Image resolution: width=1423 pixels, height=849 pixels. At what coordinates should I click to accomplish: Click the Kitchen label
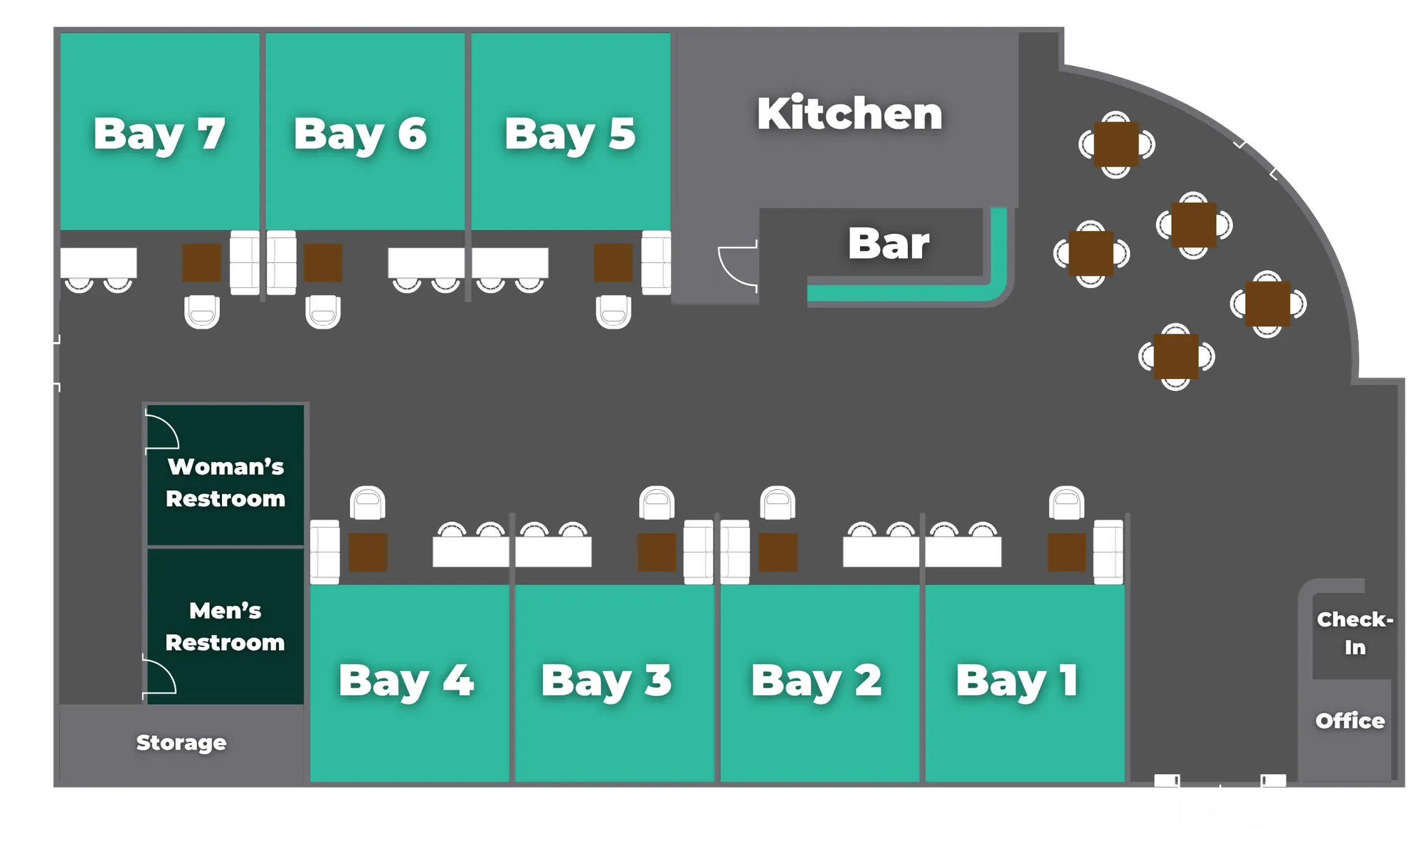click(x=850, y=113)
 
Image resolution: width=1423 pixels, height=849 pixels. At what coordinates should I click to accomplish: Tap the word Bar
click(x=889, y=243)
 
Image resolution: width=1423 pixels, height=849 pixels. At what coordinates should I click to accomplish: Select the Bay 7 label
click(x=159, y=134)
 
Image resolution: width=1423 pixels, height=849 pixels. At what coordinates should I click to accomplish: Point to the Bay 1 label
click(x=1017, y=680)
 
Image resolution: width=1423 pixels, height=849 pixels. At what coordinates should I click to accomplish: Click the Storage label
click(x=181, y=742)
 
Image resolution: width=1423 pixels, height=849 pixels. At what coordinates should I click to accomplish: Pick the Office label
click(x=1350, y=721)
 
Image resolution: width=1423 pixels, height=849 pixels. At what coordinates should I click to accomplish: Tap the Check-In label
click(x=1355, y=633)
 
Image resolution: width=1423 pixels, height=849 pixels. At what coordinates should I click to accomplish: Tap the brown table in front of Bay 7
click(x=201, y=262)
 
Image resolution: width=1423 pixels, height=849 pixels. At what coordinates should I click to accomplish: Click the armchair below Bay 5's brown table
click(x=613, y=312)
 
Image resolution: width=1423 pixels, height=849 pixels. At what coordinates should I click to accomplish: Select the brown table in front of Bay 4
click(x=368, y=552)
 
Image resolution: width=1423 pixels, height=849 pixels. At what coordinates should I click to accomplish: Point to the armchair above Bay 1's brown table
click(x=1067, y=503)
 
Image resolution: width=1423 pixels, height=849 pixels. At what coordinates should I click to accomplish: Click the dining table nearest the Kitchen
click(x=1116, y=144)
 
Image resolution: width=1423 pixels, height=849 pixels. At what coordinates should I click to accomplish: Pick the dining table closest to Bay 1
click(x=1175, y=356)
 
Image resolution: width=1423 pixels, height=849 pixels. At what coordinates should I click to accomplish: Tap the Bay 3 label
click(x=606, y=680)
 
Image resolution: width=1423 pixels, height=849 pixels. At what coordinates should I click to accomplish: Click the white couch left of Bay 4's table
click(x=324, y=552)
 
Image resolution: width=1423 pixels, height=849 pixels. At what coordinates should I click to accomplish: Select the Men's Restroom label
click(x=225, y=626)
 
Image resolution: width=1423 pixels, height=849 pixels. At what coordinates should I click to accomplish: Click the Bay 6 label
click(x=360, y=134)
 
